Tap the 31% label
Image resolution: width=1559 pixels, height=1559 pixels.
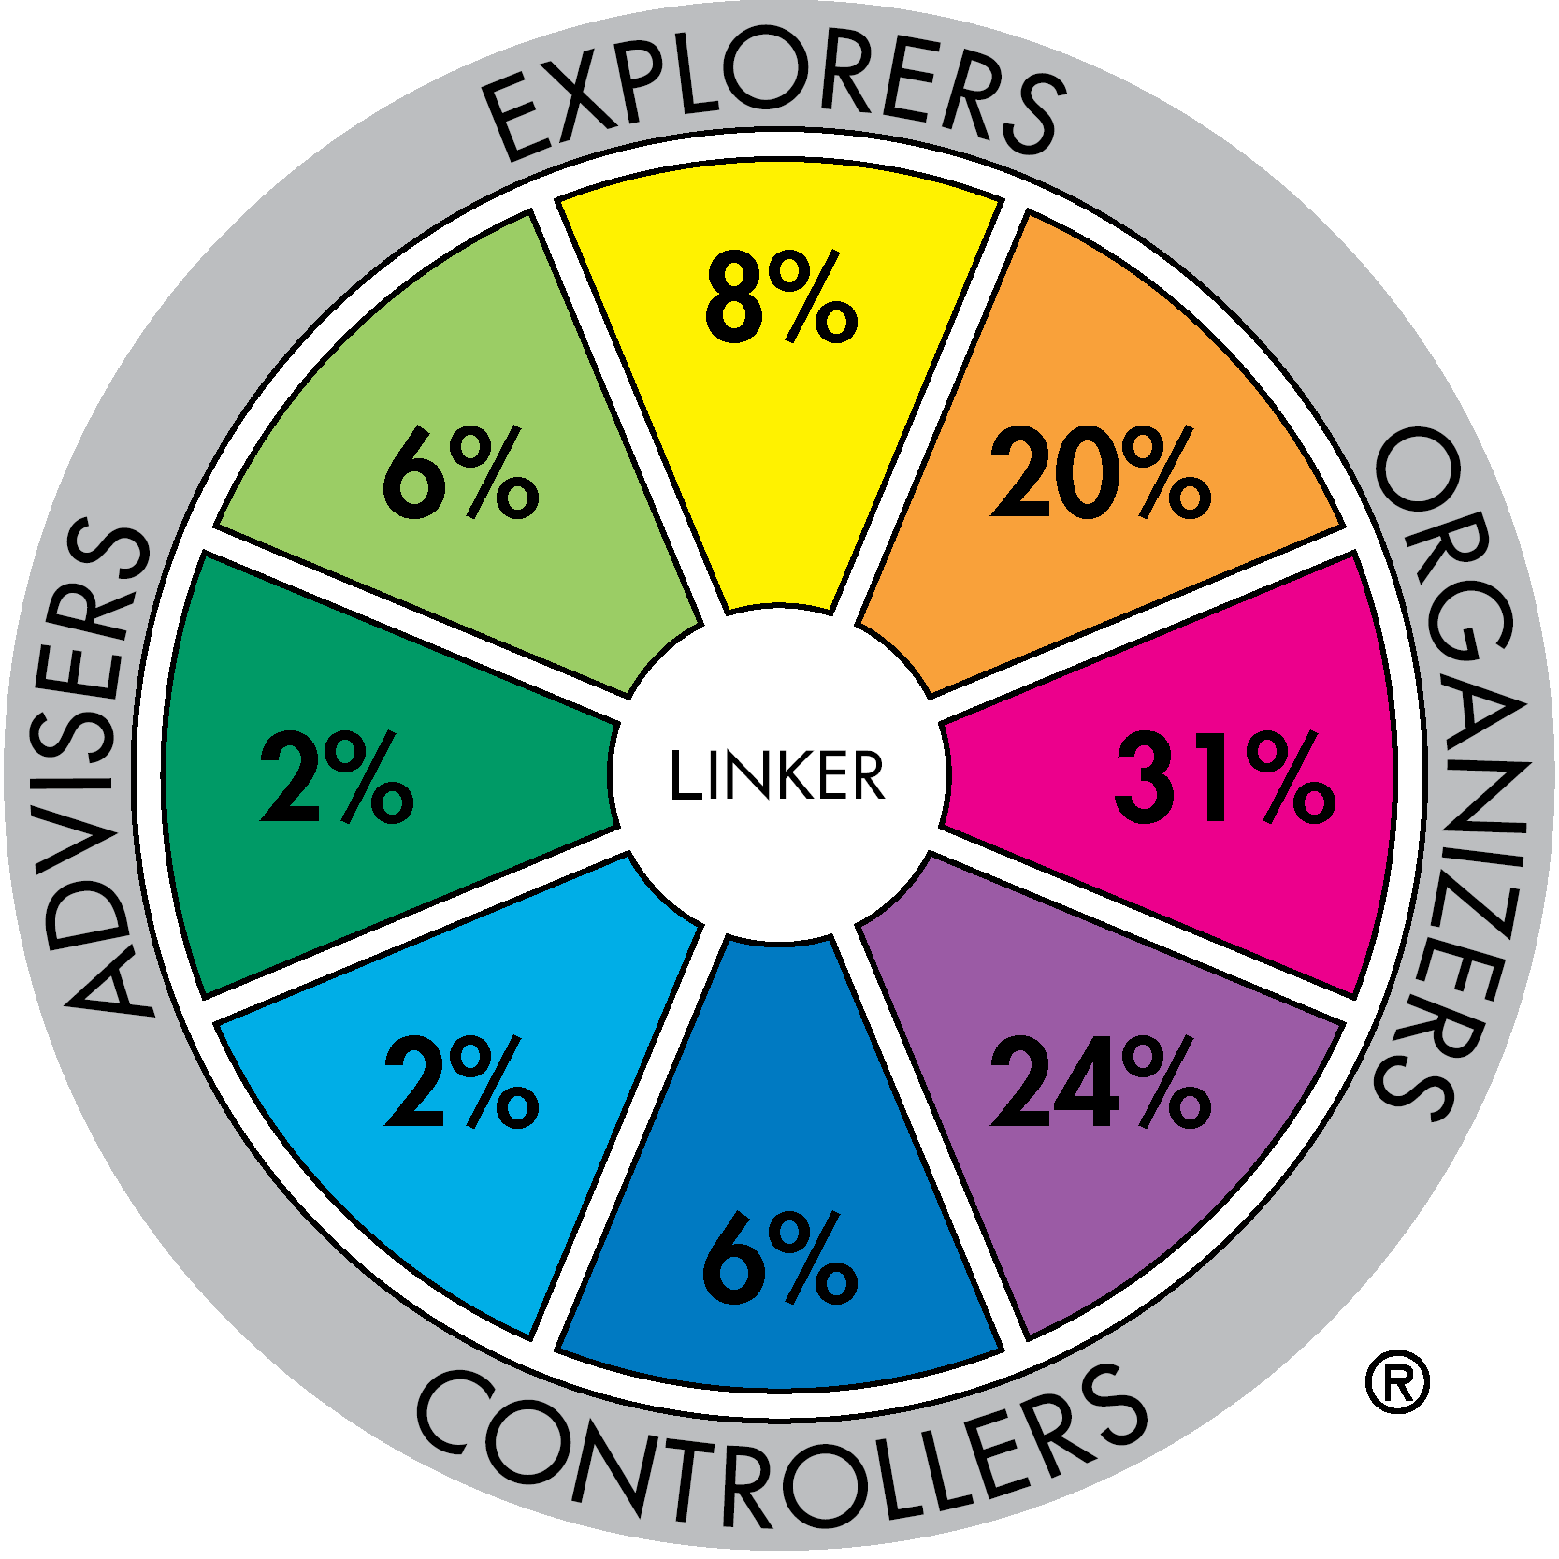pos(1224,777)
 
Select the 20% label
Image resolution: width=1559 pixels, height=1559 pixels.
pos(1101,471)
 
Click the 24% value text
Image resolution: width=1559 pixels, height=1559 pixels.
pos(1101,1081)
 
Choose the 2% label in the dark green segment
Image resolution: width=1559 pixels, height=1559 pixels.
pos(337,777)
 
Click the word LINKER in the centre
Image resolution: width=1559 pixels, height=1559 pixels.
pos(777,775)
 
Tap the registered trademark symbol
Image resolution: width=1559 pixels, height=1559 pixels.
pos(1397,1381)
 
